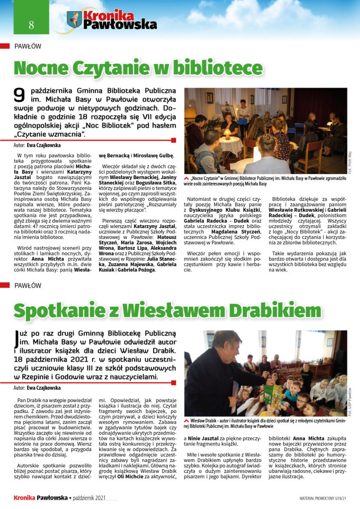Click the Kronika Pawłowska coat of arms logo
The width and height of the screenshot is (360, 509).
pos(74,20)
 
